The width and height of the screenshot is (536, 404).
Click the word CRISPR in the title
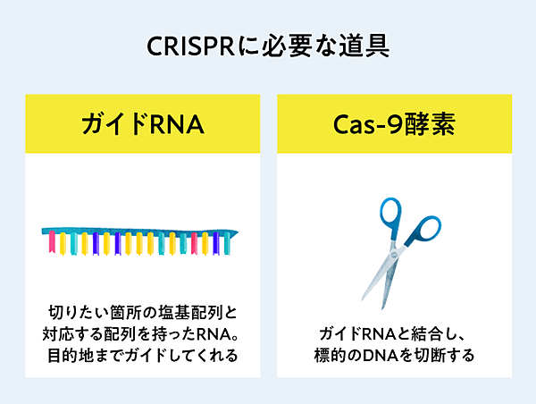[x=190, y=46]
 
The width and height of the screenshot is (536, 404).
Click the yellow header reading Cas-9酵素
[x=393, y=123]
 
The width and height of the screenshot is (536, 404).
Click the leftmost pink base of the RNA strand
[x=51, y=241]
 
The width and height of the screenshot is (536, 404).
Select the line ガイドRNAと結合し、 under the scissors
[x=393, y=333]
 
